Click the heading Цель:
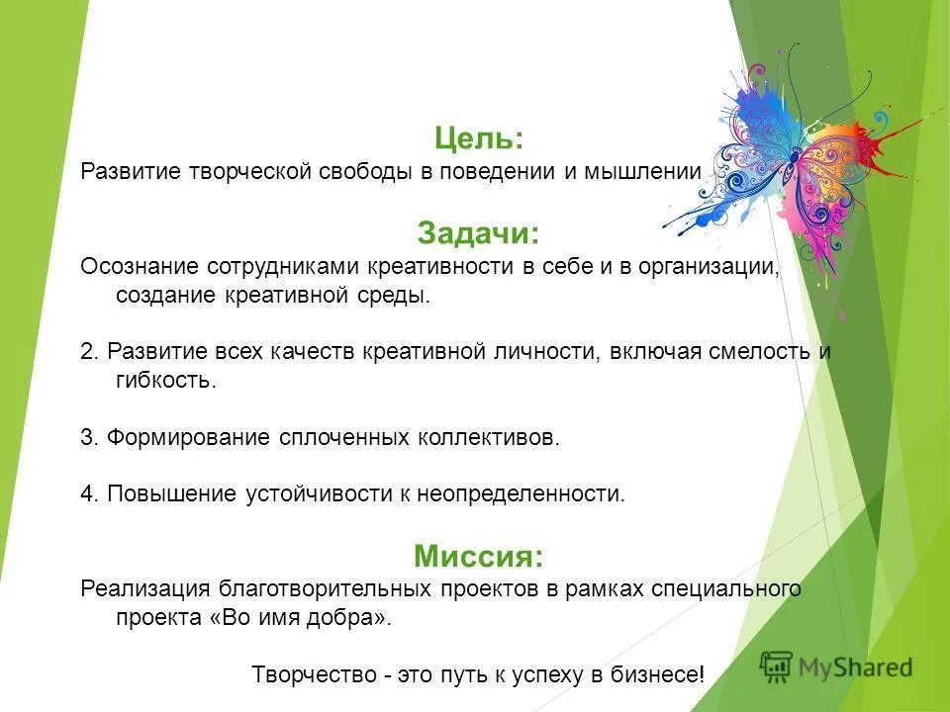(x=478, y=137)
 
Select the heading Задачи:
(x=478, y=233)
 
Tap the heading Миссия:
(x=478, y=556)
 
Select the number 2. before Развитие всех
(x=89, y=352)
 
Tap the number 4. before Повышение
(x=89, y=493)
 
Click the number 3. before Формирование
(x=89, y=437)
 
